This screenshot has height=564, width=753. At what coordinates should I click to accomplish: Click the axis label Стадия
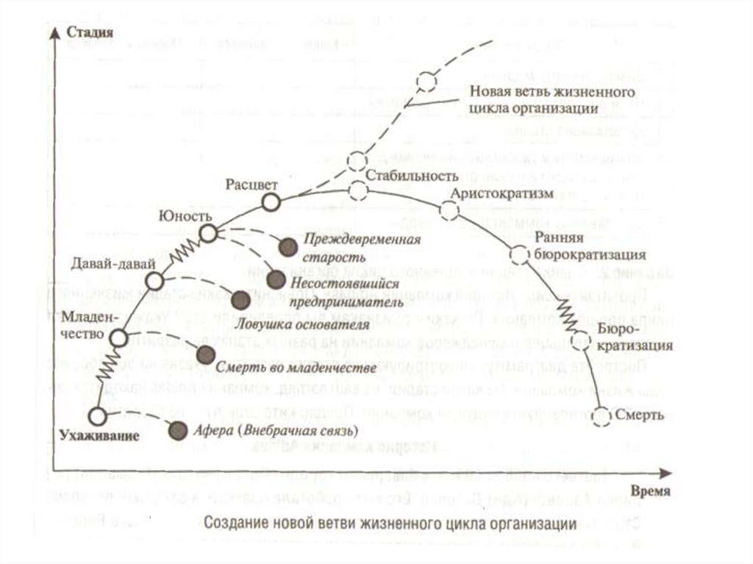click(89, 32)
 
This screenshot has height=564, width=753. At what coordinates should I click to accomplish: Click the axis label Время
click(649, 491)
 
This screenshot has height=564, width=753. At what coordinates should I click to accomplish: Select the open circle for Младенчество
click(120, 338)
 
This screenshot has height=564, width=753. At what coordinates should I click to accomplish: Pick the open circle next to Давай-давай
click(154, 281)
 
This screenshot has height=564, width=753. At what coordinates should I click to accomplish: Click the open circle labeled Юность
click(208, 234)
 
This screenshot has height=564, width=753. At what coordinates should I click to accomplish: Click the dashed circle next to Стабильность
click(358, 190)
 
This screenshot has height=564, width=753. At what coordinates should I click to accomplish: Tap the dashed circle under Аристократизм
click(449, 210)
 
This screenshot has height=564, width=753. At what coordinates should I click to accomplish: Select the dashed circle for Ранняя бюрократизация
click(519, 254)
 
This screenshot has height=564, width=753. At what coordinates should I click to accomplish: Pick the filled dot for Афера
click(176, 430)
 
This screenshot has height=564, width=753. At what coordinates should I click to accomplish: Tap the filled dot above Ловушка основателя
click(239, 299)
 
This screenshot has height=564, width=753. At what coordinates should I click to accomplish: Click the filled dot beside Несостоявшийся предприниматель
click(276, 279)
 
